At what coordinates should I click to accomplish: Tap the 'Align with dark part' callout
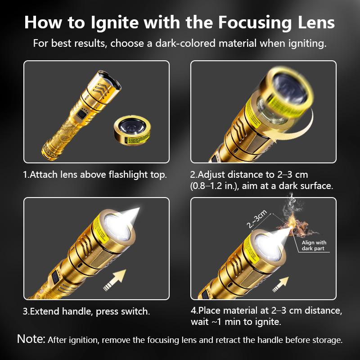314,245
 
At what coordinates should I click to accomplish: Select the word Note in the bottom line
31,339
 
